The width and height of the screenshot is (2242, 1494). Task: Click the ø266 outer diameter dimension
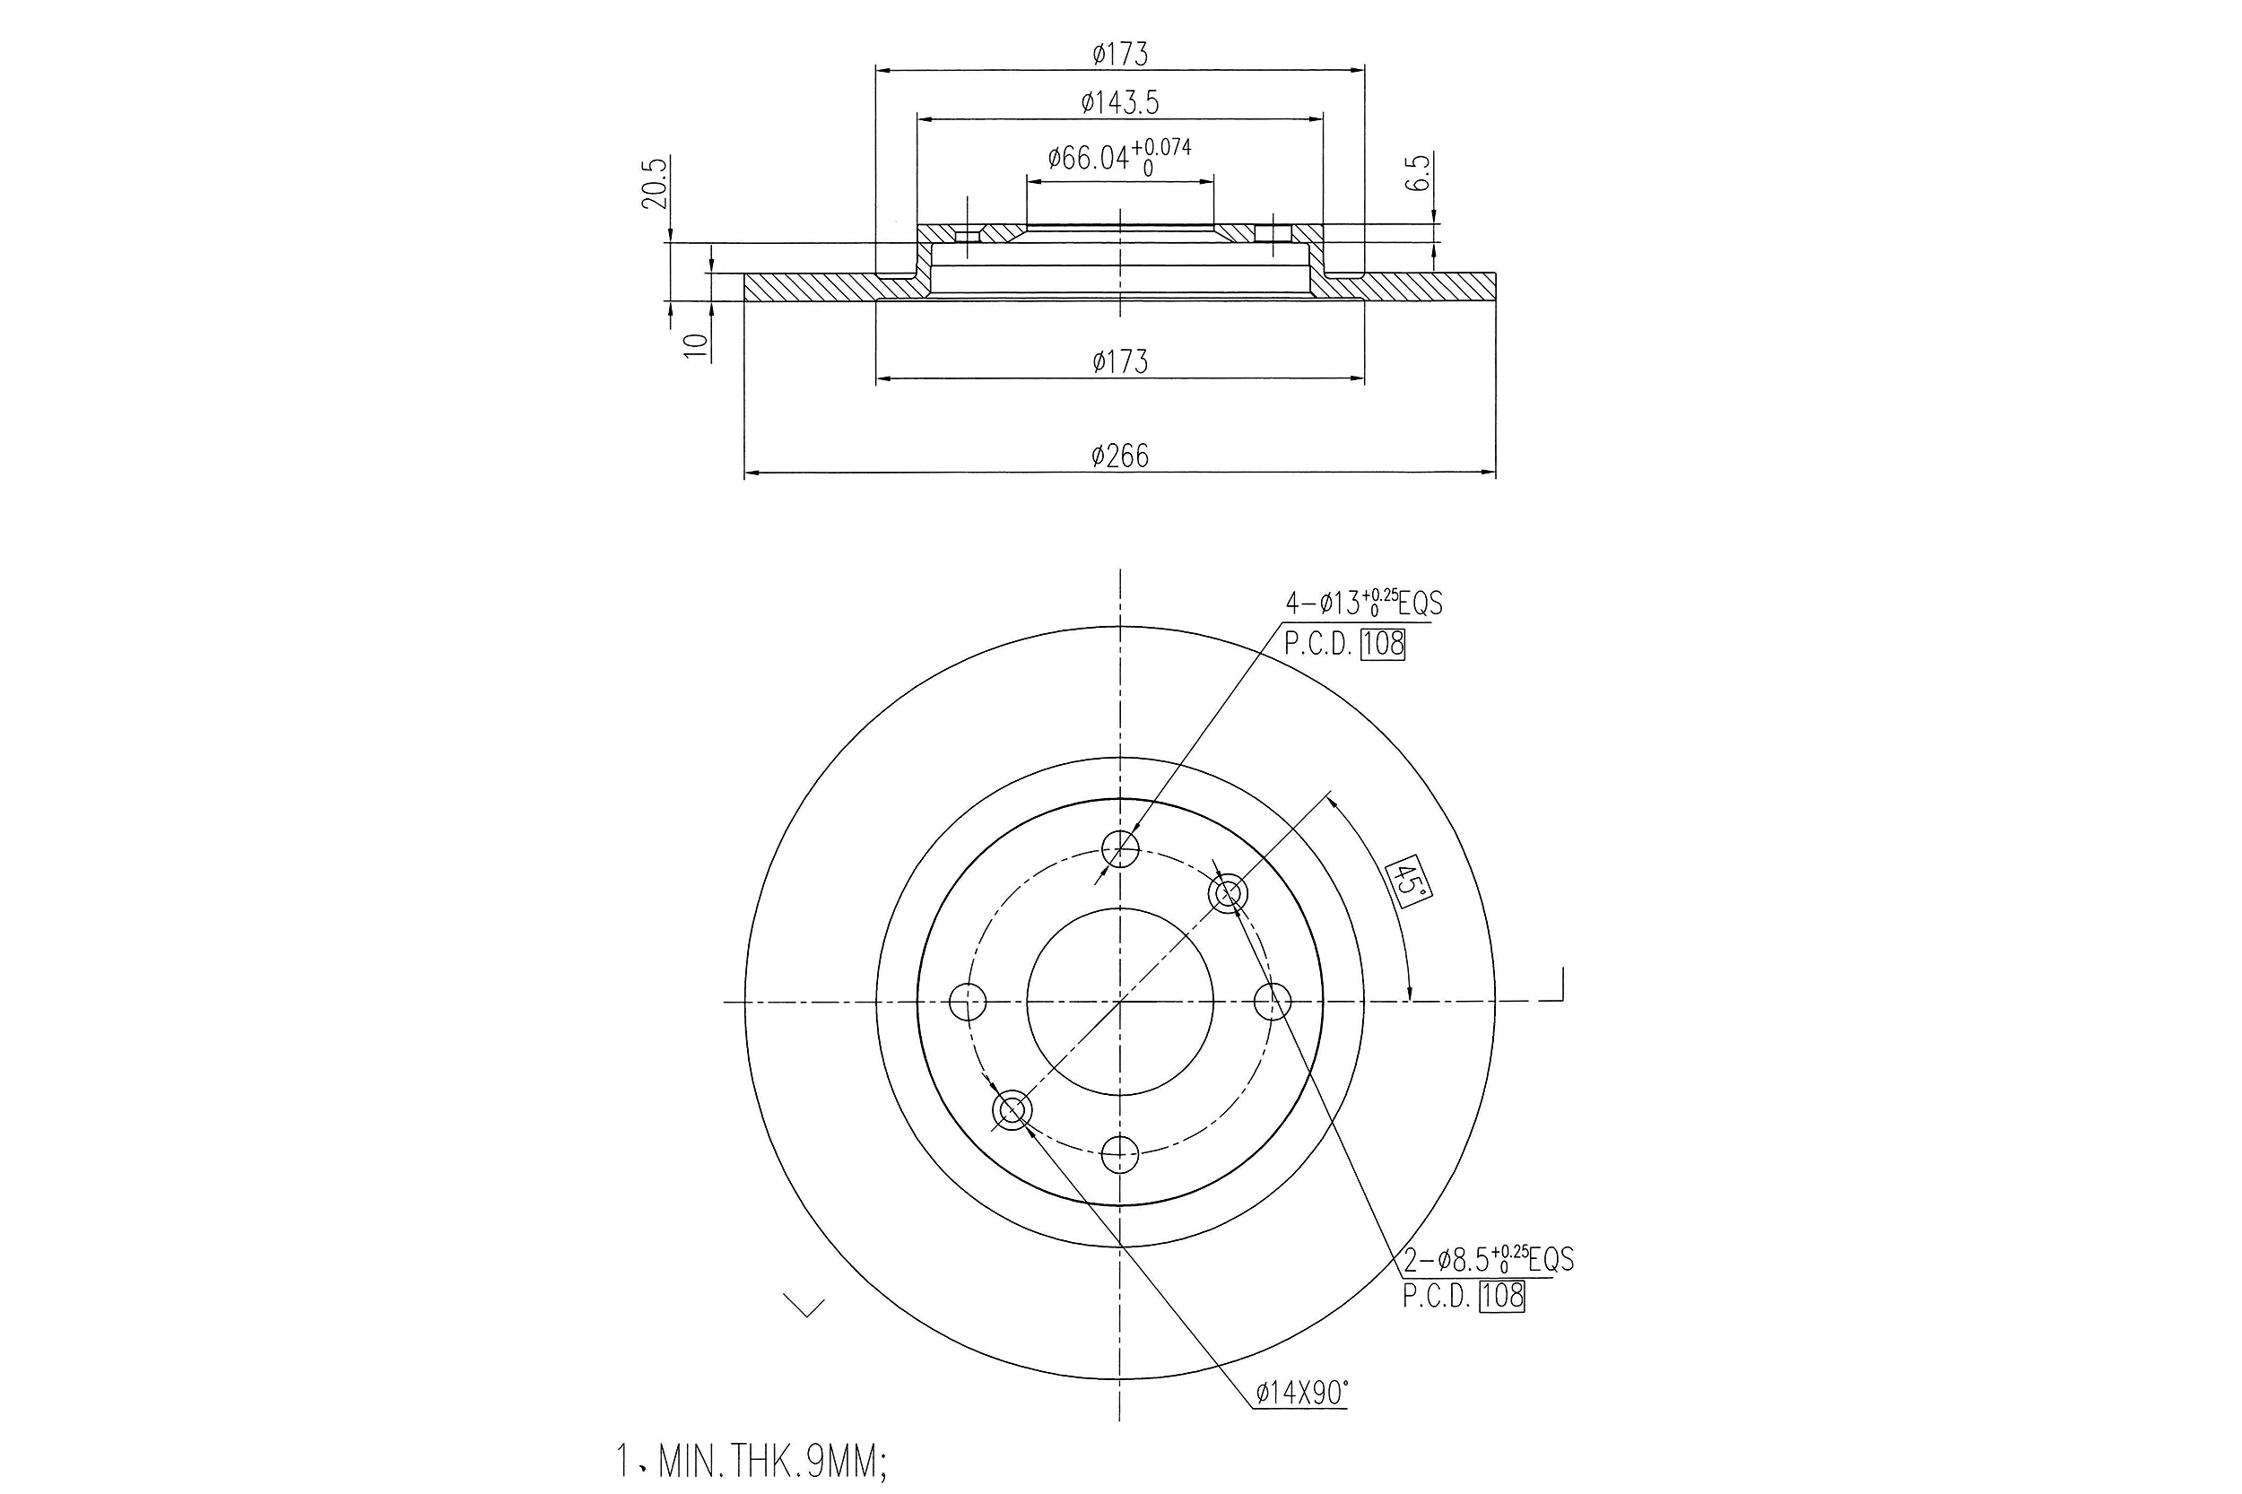coord(1119,456)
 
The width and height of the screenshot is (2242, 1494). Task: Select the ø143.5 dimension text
coord(1119,103)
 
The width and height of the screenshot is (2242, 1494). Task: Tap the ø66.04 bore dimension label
coord(1118,157)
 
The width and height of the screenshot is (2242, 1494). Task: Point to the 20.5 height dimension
coord(654,183)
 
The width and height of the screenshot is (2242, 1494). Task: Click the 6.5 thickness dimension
coord(1419,173)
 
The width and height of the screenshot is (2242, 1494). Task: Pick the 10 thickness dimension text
coord(698,345)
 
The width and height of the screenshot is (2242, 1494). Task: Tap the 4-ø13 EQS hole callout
coord(1363,604)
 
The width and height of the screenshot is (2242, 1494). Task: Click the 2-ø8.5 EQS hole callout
coord(1489,1260)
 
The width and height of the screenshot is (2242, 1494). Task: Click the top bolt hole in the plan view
coord(1119,847)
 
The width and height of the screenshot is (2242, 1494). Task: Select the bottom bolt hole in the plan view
coord(1119,1155)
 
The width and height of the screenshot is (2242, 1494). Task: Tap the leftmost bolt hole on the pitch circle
coord(968,1002)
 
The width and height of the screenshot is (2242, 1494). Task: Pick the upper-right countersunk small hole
coord(1229,894)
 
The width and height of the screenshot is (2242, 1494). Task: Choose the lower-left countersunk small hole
coord(1012,1110)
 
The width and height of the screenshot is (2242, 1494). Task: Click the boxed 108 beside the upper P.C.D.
coord(1384,645)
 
